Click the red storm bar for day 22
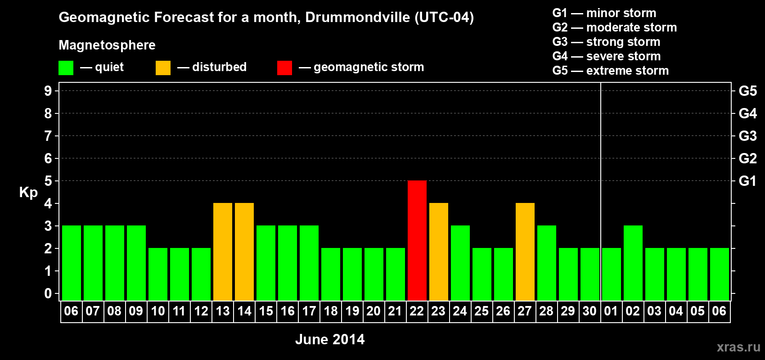click(x=417, y=240)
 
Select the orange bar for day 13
click(x=223, y=252)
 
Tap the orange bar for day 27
click(x=525, y=252)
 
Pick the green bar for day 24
click(x=460, y=263)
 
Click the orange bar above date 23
click(x=438, y=252)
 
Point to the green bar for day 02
click(x=633, y=263)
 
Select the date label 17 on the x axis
click(x=309, y=311)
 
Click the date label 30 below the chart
click(x=589, y=311)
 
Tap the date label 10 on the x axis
click(x=158, y=311)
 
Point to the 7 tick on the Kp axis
click(x=48, y=136)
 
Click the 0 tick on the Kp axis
click(x=48, y=293)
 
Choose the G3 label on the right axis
click(x=747, y=136)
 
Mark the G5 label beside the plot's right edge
click(x=747, y=91)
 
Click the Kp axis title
click(x=28, y=192)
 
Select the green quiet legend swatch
click(x=66, y=68)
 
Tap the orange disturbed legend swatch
click(x=163, y=68)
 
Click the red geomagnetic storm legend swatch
click(x=284, y=68)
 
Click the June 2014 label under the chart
click(x=330, y=339)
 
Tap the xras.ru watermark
click(x=738, y=347)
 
